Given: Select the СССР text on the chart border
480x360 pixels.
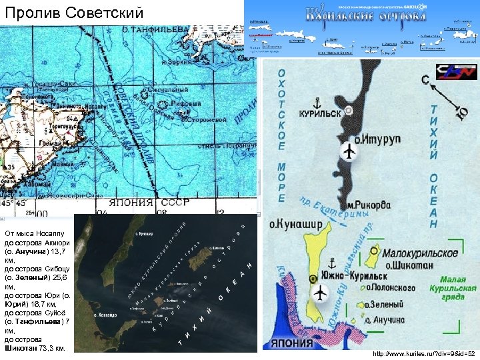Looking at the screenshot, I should (175, 202).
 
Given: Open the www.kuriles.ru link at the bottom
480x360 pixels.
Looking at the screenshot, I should (424, 353).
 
